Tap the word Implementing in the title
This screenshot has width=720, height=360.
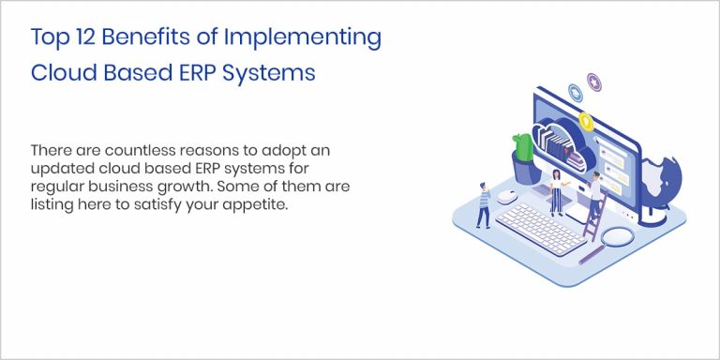coord(307,38)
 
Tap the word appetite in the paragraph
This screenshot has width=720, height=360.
coord(248,203)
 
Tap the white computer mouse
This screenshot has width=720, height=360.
coord(506,196)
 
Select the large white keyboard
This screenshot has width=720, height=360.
coord(541,227)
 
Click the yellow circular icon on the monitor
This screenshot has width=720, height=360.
coord(586,121)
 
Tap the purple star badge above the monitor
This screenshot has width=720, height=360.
coord(592,81)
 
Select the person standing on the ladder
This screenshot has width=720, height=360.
coord(594,195)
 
